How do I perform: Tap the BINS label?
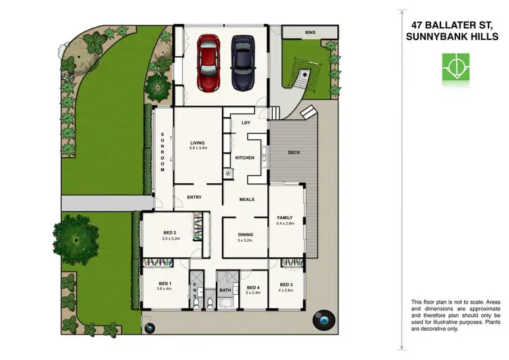coord(309,32)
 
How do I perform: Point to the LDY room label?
coord(246,123)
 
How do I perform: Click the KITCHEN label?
coord(245,158)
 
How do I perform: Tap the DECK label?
coord(294,152)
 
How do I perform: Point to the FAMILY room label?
coord(285,217)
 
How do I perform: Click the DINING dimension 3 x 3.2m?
coord(245,240)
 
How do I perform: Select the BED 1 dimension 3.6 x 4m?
coord(165,289)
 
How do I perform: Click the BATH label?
coord(226,289)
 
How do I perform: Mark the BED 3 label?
coord(286,284)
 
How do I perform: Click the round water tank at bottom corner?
coord(322,321)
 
